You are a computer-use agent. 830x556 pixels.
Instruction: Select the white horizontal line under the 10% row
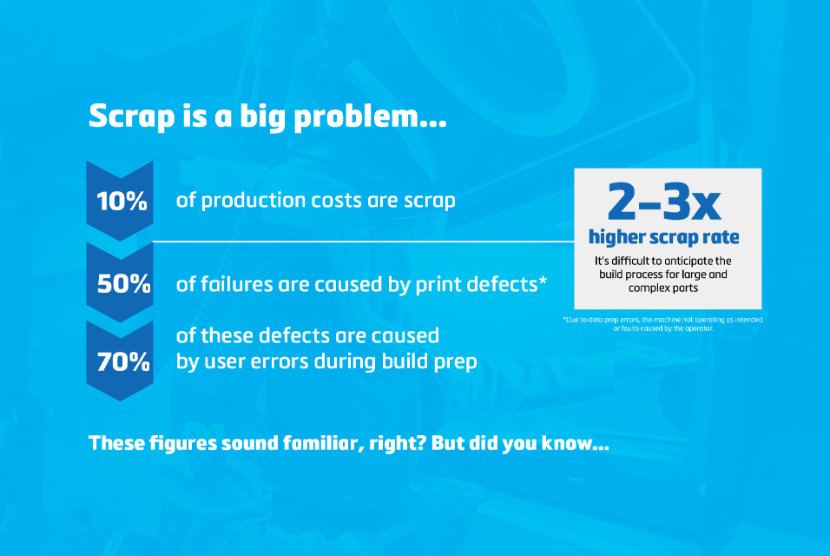click(365, 241)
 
